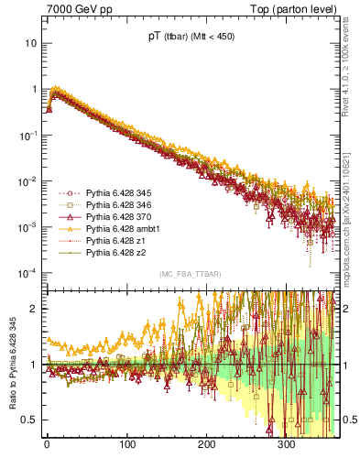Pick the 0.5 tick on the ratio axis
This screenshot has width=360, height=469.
click(x=28, y=420)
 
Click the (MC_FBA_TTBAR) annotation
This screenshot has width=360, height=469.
click(x=191, y=275)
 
